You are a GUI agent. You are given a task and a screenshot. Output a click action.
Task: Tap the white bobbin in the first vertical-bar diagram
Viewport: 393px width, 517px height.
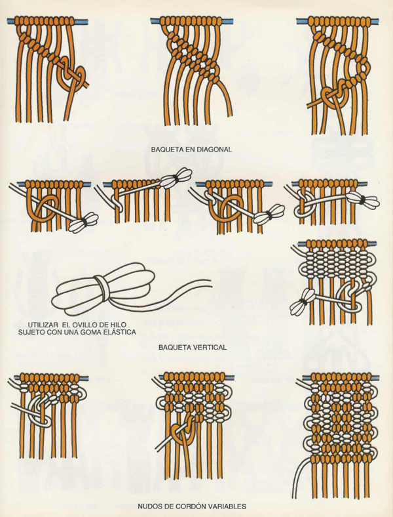click(x=84, y=222)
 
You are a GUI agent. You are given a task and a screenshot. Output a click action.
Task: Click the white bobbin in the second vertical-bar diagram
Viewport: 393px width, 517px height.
click(x=176, y=177)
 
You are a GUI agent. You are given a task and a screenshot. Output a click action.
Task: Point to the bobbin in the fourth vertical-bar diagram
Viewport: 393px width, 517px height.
click(x=363, y=201)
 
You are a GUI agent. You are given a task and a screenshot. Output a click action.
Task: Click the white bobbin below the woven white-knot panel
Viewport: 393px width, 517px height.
click(x=303, y=301)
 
